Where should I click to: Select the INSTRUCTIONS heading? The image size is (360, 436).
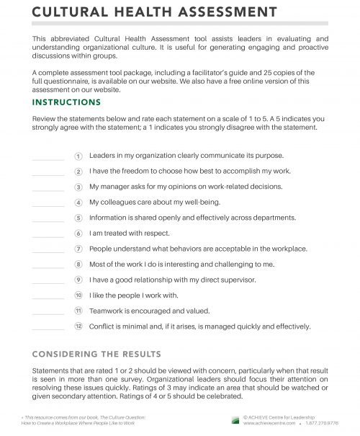67,102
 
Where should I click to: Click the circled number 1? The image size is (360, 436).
78,155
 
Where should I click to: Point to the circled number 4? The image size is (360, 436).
78,203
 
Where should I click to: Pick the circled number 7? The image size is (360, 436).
78,249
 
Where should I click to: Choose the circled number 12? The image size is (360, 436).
78,326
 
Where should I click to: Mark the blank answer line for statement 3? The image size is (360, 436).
49,190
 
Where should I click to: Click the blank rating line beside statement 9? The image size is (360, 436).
49,282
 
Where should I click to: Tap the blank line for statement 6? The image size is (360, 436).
49,236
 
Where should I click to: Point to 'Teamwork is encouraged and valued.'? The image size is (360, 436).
148,311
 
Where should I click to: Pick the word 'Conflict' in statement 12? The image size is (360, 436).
102,326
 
